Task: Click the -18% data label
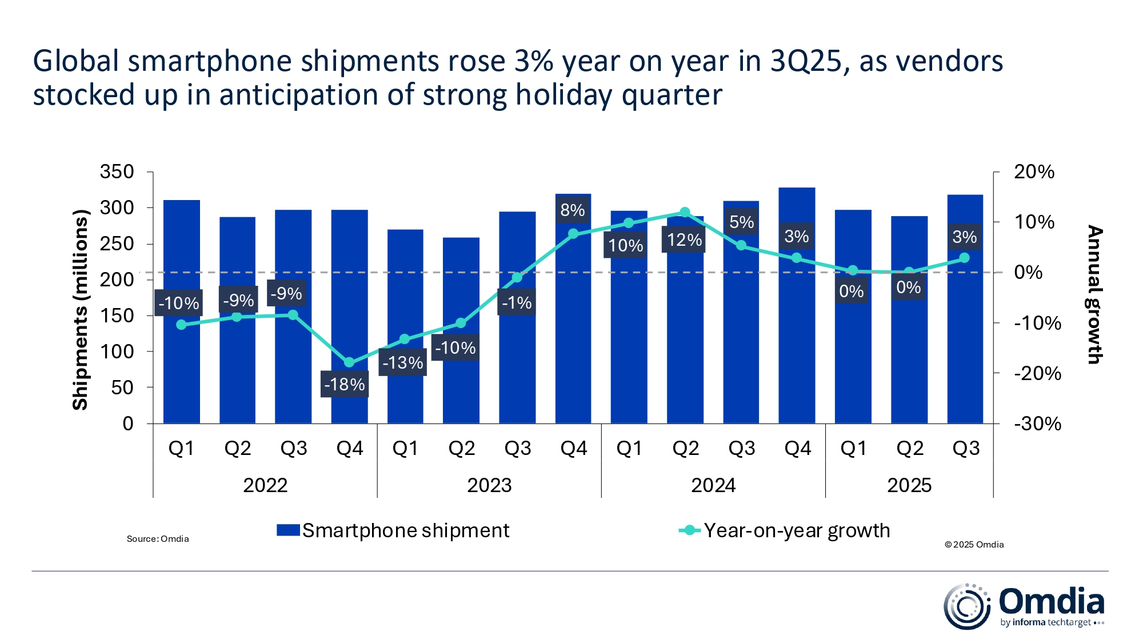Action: point(344,384)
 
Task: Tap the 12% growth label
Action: point(684,239)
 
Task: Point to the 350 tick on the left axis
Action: point(117,171)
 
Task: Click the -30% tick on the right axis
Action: point(1037,424)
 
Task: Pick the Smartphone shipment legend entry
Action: point(393,530)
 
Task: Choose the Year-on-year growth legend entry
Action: point(785,530)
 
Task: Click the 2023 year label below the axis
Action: point(489,485)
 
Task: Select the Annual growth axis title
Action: point(1094,295)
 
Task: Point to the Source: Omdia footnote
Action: point(158,539)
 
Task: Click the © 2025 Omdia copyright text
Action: point(974,545)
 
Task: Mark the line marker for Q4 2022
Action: point(349,362)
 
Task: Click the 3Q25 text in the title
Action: point(806,61)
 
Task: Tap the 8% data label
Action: point(573,210)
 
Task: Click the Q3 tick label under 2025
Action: point(965,448)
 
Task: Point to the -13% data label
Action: point(402,362)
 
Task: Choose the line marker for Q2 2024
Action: point(685,212)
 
